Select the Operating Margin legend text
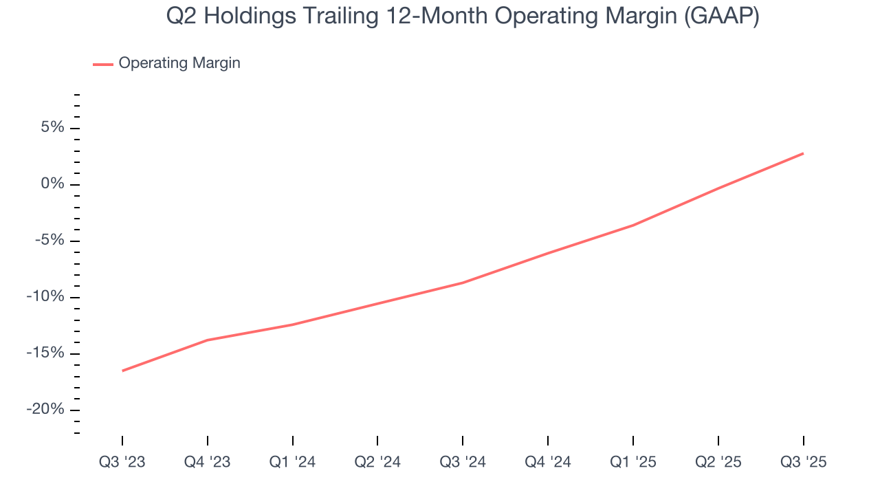tap(179, 63)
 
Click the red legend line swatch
tap(103, 64)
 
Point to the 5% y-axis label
tap(52, 128)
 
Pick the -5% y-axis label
tap(49, 241)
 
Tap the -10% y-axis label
tap(45, 297)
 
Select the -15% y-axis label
tap(45, 353)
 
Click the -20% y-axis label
tap(45, 410)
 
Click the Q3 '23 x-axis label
tap(122, 462)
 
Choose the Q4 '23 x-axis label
tap(208, 462)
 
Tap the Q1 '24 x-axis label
tap(293, 462)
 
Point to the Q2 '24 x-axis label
tap(377, 462)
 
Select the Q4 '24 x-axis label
tap(548, 462)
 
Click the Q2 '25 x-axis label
tap(718, 462)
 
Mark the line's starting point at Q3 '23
tap(122, 371)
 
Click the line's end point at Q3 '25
tap(803, 153)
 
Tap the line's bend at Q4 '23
tap(208, 340)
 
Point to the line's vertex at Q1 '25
tap(633, 225)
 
